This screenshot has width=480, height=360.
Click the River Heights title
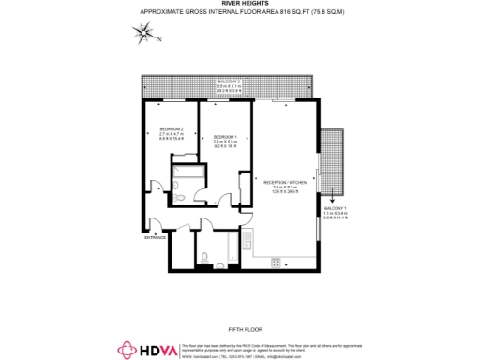tap(239, 4)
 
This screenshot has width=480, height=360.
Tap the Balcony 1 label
tap(335, 209)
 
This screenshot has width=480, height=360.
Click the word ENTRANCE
tap(155, 237)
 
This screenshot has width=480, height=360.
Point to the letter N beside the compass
tap(159, 39)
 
